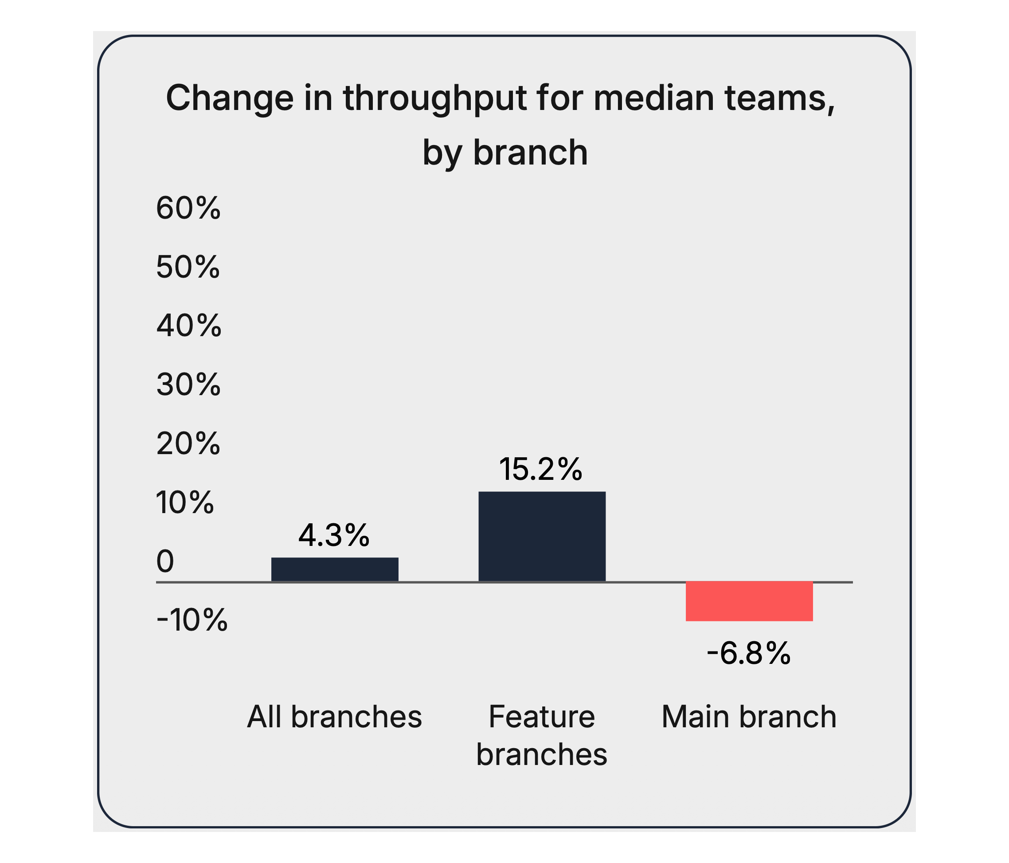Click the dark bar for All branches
pos(335,569)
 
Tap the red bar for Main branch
pos(749,601)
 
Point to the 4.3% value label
pos(334,535)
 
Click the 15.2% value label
pos(540,470)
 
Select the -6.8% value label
pos(748,654)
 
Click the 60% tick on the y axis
pos(188,208)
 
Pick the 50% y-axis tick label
pos(188,267)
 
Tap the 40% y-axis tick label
pos(189,326)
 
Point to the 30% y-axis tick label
pos(188,385)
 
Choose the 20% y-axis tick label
pos(188,443)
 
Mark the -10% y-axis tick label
pos(192,620)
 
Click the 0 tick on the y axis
pos(165,561)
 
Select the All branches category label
pos(335,717)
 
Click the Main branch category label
pos(749,717)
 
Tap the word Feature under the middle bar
pos(541,717)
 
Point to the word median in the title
pos(653,98)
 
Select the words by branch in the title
pos(505,153)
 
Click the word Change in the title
pos(230,98)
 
